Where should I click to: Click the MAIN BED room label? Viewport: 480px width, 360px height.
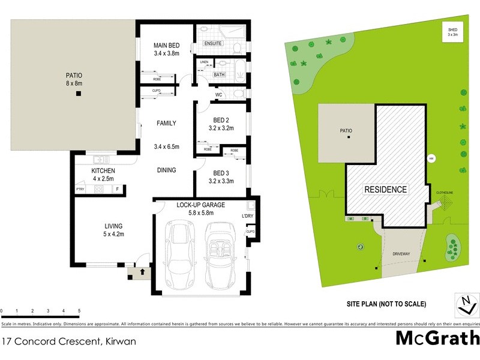[166, 46]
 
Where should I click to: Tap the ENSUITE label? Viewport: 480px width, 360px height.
[212, 44]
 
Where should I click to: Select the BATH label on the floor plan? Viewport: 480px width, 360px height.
[220, 75]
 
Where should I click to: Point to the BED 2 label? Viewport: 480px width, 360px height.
[220, 119]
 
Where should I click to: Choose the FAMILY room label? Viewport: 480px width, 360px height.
[166, 124]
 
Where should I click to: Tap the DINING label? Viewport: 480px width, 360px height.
[166, 170]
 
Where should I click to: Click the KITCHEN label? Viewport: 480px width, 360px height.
[103, 171]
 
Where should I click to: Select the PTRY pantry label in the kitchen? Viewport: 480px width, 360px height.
[80, 190]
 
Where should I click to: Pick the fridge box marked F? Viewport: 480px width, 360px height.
[118, 190]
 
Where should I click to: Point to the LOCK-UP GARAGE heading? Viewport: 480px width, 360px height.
[200, 205]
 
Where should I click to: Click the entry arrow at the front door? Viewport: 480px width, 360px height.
[142, 272]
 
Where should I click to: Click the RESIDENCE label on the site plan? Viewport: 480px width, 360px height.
[386, 190]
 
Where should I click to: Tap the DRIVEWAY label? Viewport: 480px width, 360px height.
[401, 254]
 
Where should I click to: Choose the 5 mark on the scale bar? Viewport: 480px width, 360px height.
[79, 311]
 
